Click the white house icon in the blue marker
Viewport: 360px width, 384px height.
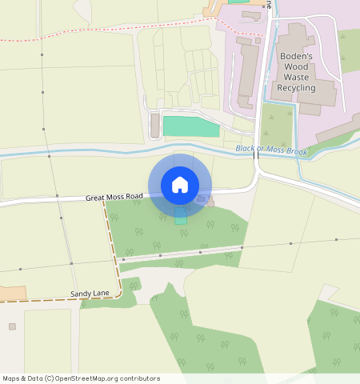180,185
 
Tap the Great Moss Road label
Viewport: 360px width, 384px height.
114,196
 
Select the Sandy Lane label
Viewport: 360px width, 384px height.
90,294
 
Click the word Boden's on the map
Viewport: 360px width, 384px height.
295,56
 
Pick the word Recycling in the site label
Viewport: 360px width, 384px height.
295,88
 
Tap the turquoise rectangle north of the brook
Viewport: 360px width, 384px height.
190,126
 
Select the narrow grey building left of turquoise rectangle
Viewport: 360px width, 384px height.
155,125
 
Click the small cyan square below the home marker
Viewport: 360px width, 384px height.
180,219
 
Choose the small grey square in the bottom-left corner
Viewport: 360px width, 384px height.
12,326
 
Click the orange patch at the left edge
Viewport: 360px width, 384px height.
12,293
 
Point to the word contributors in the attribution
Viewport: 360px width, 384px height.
142,378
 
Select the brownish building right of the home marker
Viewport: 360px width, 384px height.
210,199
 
